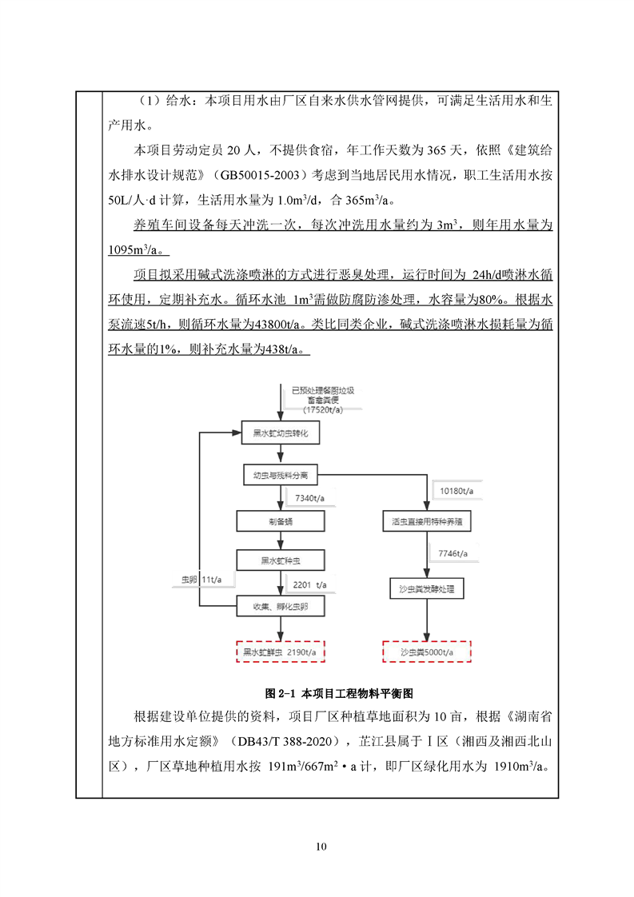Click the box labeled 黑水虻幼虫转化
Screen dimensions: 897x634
coord(280,434)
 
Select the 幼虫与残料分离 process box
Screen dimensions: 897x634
coord(280,476)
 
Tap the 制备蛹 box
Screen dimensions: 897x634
coord(280,521)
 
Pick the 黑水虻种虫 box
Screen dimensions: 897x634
coord(280,560)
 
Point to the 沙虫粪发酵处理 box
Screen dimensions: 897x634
coord(426,589)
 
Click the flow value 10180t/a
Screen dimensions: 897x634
coord(457,489)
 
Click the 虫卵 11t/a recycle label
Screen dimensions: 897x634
coord(196,579)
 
